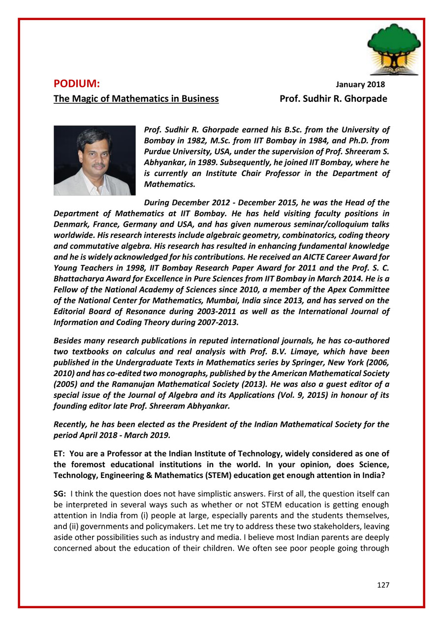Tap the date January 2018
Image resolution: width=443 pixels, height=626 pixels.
coord(360,85)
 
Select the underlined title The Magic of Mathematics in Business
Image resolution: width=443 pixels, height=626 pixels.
coord(136,99)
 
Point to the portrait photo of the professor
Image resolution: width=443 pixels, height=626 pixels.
coord(95,160)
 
